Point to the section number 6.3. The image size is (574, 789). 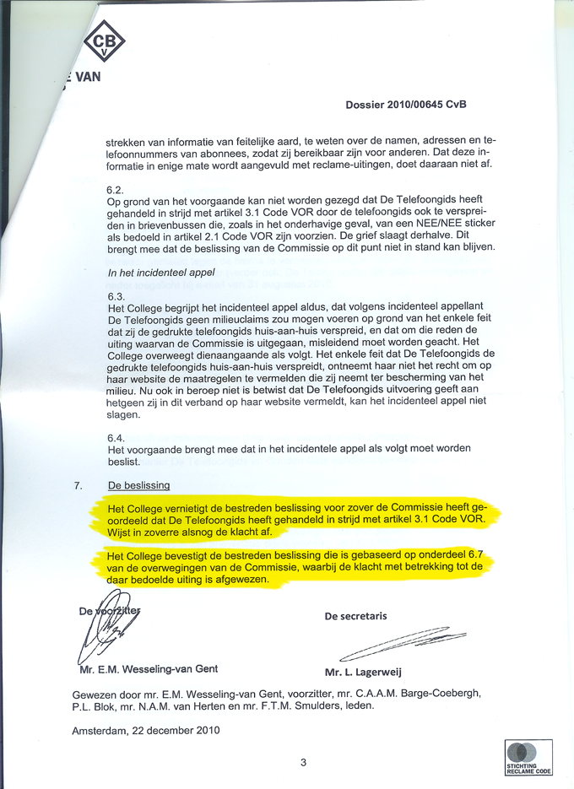(x=116, y=296)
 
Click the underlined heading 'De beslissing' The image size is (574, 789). (x=139, y=485)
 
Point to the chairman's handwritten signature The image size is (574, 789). (x=106, y=629)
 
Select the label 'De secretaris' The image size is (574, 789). (x=355, y=616)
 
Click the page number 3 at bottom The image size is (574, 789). (x=303, y=763)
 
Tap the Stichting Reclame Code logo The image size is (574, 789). (x=528, y=757)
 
